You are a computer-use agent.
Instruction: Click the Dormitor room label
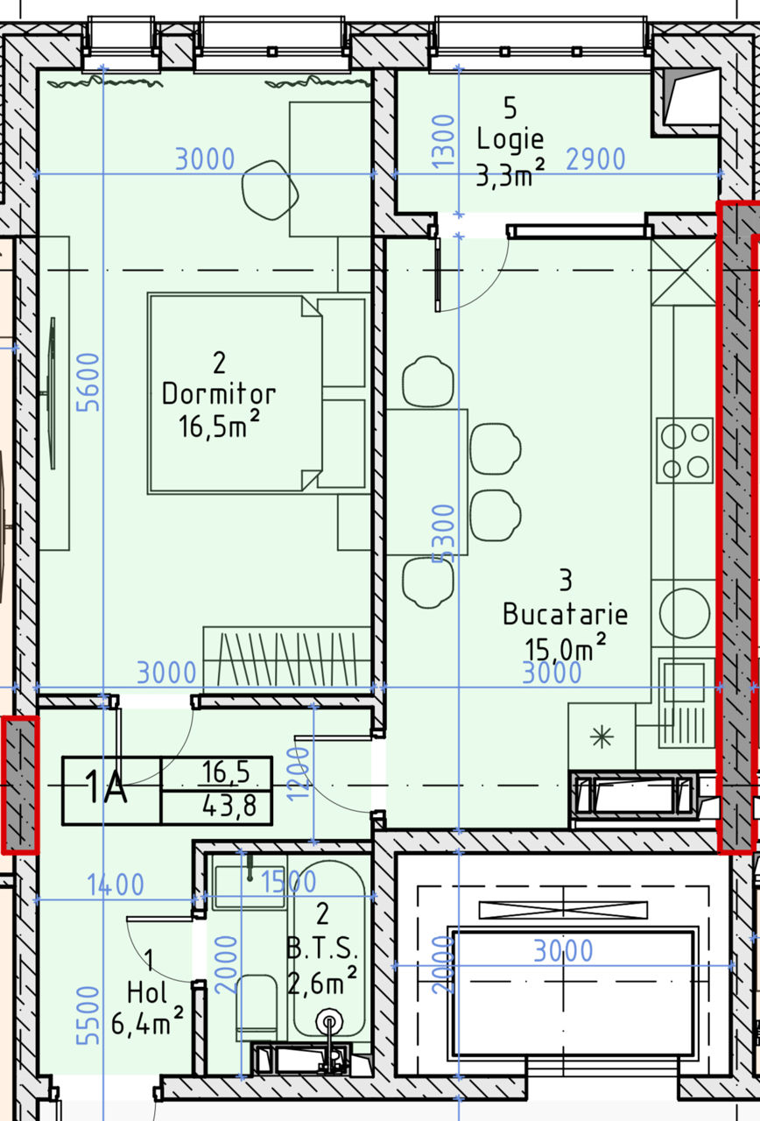click(x=219, y=394)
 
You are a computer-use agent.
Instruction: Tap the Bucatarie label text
click(x=565, y=614)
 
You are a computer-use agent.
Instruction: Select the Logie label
click(x=510, y=139)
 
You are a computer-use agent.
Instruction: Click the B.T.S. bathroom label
click(x=322, y=948)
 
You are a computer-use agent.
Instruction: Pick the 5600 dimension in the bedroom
click(x=88, y=383)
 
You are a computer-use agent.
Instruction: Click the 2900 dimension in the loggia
click(x=595, y=159)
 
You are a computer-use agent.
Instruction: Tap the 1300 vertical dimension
click(x=443, y=141)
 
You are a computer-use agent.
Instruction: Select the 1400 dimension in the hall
click(x=116, y=885)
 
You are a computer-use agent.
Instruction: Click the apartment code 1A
click(x=106, y=787)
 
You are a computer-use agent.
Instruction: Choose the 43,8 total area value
click(x=229, y=807)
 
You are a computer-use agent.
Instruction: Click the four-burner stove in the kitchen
click(x=685, y=450)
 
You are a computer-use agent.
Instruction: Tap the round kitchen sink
click(x=685, y=614)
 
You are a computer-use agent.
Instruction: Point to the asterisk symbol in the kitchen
click(x=602, y=737)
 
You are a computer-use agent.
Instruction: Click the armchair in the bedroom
click(x=271, y=190)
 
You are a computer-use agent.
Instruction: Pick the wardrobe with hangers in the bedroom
click(x=286, y=656)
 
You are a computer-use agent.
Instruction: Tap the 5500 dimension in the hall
click(x=88, y=1015)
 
